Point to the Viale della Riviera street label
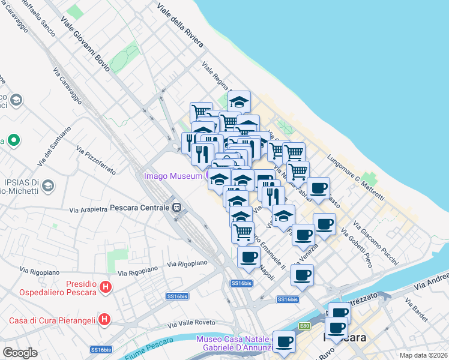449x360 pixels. (x=180, y=26)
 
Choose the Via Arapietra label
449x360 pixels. (x=88, y=210)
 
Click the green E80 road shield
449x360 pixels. (x=306, y=326)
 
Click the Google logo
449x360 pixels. (x=20, y=352)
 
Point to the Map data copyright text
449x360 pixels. (x=423, y=355)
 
